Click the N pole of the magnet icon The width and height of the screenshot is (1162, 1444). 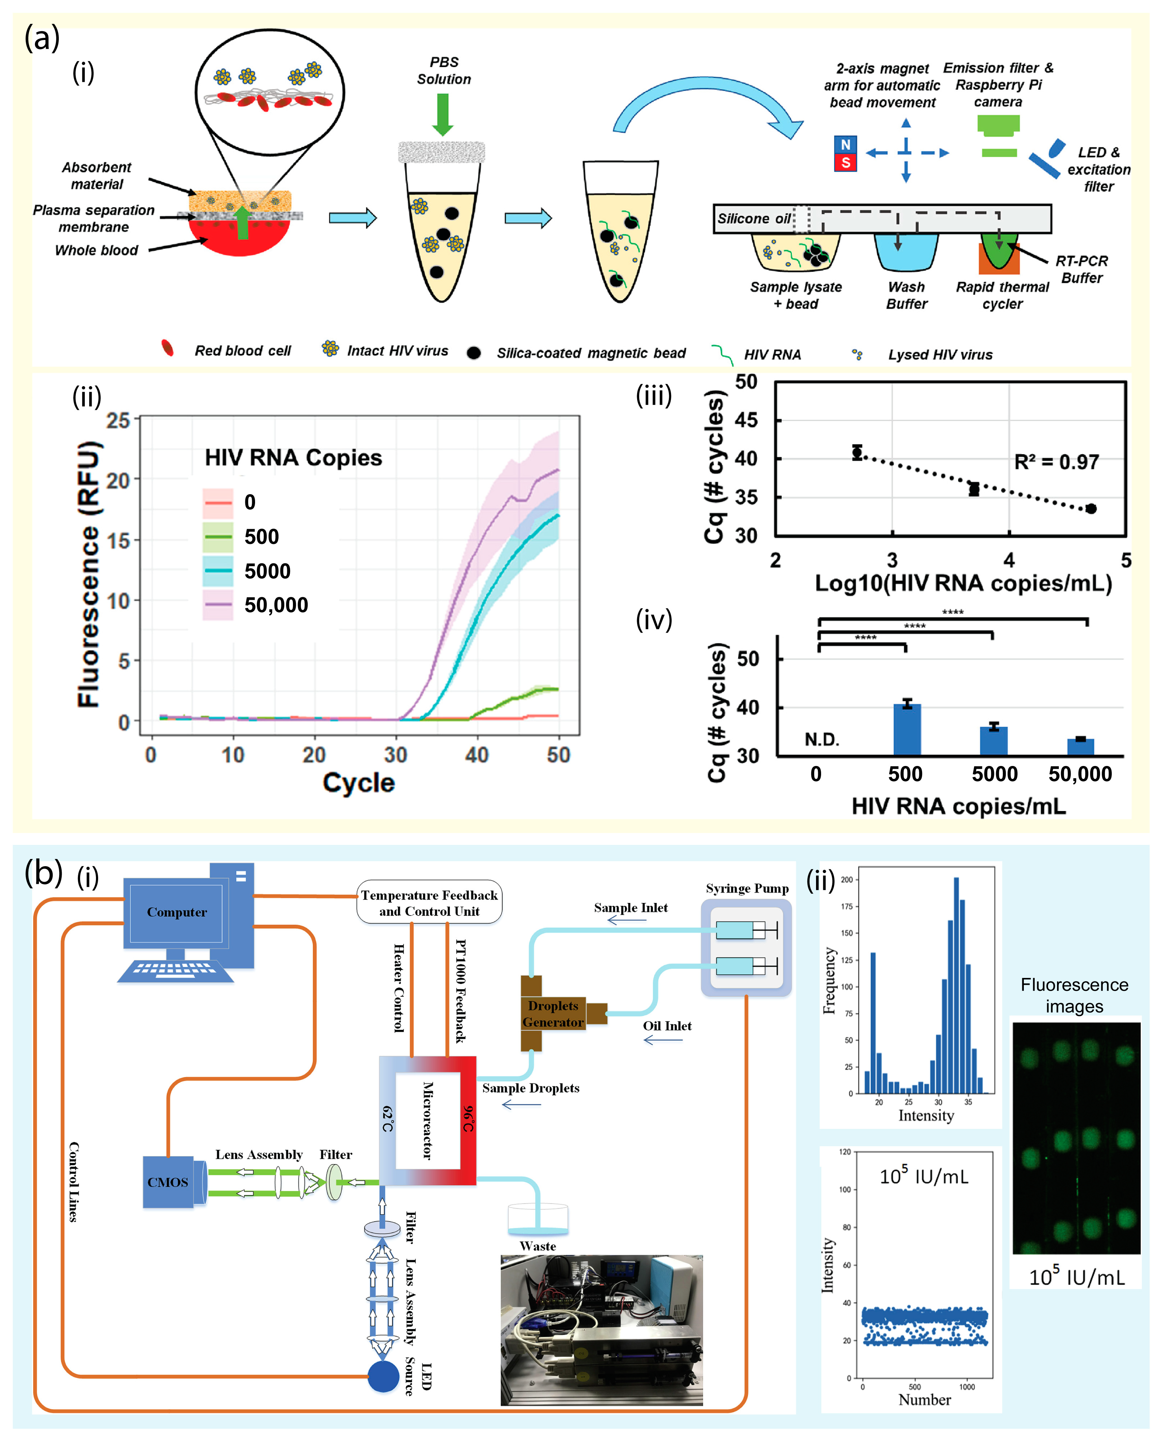[x=845, y=145]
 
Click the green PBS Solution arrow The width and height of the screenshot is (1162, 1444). [x=442, y=114]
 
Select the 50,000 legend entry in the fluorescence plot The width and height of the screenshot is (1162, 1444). [x=275, y=605]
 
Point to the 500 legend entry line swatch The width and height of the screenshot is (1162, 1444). [x=218, y=536]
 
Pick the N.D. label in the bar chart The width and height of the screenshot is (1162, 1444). [x=821, y=739]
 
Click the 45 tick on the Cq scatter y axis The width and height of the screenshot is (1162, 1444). [x=746, y=420]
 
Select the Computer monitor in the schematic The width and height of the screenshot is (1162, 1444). [x=177, y=912]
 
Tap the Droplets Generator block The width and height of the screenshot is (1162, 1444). [x=553, y=1013]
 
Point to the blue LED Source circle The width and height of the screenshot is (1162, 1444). [x=383, y=1376]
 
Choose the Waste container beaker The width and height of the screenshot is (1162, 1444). [x=538, y=1220]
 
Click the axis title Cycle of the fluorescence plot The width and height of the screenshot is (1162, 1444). [x=359, y=782]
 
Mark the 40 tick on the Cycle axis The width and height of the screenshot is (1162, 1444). [x=477, y=755]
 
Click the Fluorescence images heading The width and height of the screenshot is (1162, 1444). [x=1074, y=995]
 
